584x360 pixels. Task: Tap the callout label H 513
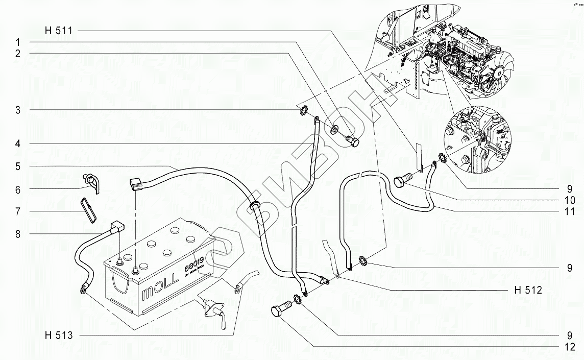(x=58, y=335)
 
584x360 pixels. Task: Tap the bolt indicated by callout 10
(x=404, y=181)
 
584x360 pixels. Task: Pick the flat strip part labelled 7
(x=88, y=210)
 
